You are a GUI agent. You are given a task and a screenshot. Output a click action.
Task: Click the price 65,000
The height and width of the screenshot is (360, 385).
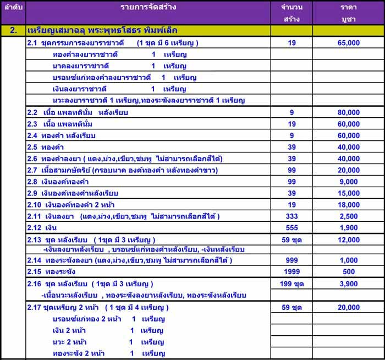349,43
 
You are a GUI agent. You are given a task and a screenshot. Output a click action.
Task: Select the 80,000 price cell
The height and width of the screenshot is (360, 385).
349,112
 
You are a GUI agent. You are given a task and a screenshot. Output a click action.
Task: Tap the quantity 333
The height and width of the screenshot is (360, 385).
291,216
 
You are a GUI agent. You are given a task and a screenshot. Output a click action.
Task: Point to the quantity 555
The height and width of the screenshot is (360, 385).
291,228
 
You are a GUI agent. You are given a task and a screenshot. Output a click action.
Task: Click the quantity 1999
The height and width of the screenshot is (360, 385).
291,271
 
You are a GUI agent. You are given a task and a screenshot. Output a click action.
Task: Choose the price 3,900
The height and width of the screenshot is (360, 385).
349,284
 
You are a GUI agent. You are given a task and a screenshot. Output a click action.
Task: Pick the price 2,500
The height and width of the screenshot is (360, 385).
349,216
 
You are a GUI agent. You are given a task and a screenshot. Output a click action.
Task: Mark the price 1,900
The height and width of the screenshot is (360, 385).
349,228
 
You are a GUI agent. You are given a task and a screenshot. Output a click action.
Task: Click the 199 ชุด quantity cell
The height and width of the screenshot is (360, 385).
291,284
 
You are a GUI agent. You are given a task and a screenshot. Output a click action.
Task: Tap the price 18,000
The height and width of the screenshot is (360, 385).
349,205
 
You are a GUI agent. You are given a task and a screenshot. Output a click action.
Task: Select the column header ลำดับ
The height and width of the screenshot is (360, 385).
13,8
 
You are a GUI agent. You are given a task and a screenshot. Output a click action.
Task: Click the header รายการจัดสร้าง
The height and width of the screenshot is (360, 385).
146,8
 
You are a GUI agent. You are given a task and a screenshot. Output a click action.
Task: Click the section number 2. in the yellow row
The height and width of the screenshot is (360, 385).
13,30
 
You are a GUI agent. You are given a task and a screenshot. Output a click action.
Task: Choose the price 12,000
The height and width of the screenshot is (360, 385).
349,240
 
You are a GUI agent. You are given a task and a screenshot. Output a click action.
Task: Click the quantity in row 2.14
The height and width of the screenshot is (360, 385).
291,260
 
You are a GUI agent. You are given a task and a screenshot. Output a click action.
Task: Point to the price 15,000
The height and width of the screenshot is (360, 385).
349,193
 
